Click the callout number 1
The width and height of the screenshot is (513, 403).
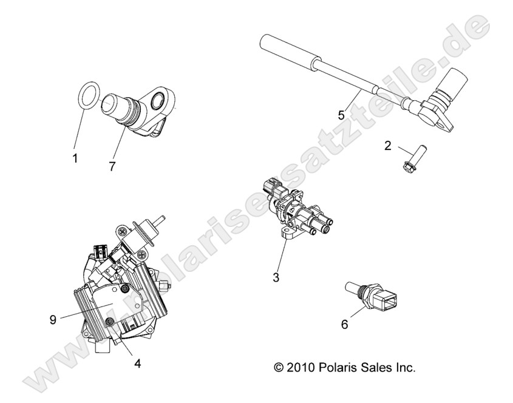point(75,158)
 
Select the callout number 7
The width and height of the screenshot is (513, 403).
point(112,167)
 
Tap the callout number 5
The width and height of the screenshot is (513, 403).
point(341,115)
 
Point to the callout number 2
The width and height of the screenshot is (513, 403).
point(388,146)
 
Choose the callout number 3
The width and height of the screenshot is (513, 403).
point(276,277)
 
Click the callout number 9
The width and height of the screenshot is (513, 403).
point(53,320)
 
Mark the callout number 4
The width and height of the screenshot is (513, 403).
point(138,363)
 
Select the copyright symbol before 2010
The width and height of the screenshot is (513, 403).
point(279,367)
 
